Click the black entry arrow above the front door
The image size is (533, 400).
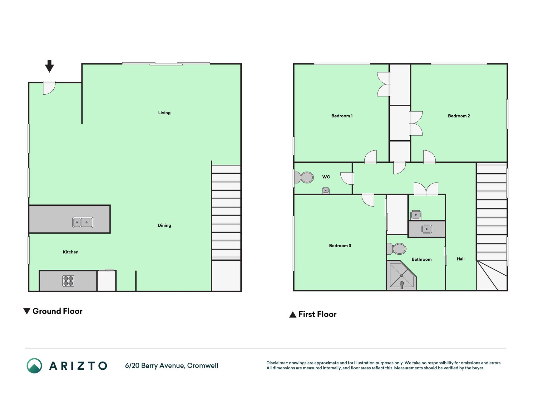pyautogui.click(x=49, y=66)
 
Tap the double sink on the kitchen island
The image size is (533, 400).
pyautogui.click(x=83, y=222)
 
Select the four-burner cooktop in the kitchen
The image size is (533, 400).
pyautogui.click(x=68, y=281)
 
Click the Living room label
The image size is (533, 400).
pyautogui.click(x=164, y=112)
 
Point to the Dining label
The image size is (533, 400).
pyautogui.click(x=164, y=225)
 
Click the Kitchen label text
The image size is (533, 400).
pyautogui.click(x=71, y=252)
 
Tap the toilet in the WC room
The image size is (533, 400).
pyautogui.click(x=304, y=177)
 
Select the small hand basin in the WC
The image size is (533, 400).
pyautogui.click(x=326, y=190)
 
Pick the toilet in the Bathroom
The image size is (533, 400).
pyautogui.click(x=397, y=249)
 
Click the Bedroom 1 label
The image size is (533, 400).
pyautogui.click(x=342, y=116)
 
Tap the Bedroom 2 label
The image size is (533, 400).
pyautogui.click(x=459, y=116)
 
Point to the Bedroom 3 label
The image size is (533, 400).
pyautogui.click(x=340, y=246)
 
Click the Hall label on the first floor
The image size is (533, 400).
pyautogui.click(x=461, y=259)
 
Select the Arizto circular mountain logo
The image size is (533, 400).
pyautogui.click(x=34, y=366)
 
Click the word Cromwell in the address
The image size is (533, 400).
pyautogui.click(x=203, y=366)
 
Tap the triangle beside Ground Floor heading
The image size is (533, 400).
pyautogui.click(x=27, y=311)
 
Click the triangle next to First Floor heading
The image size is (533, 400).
pyautogui.click(x=293, y=314)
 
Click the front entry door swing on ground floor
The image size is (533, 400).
pyautogui.click(x=49, y=88)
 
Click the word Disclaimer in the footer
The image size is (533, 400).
pyautogui.click(x=277, y=363)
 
